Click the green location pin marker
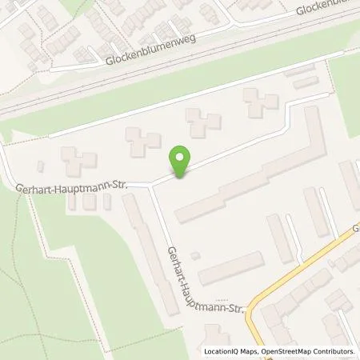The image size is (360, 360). (182, 162)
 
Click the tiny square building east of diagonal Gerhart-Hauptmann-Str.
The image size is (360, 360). (195, 255)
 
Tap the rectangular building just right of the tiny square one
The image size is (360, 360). (230, 268)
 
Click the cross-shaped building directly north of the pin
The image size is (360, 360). (203, 122)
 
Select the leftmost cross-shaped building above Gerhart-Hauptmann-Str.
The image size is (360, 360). (78, 163)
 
